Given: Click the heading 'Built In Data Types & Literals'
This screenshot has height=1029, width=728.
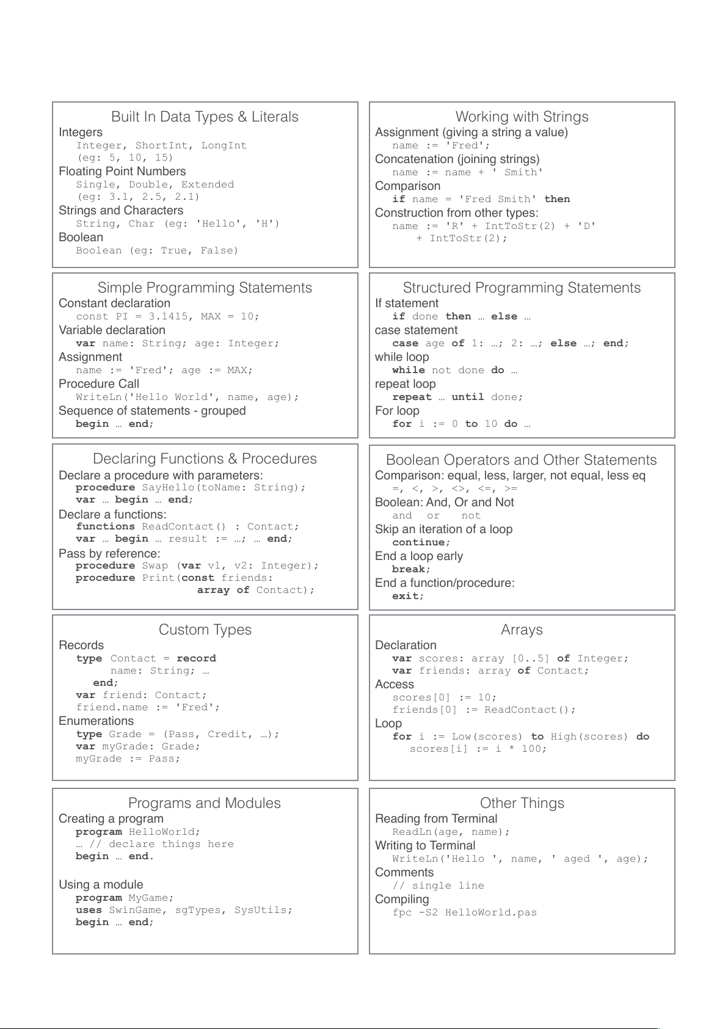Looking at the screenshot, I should coord(205,117).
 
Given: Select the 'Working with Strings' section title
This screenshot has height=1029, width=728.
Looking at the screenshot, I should coord(522,117).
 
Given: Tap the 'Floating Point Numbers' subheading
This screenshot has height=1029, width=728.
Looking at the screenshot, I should coord(122,172).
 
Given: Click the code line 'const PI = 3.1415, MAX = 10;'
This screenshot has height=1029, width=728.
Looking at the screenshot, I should coord(167,316).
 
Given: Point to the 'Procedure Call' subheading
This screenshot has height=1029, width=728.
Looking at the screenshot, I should coord(99,384).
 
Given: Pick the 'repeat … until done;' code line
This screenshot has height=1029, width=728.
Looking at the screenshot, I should coord(457,397).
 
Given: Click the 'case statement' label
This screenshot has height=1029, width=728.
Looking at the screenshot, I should coord(416,330).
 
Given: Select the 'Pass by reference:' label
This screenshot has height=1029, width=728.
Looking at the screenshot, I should coord(109,554).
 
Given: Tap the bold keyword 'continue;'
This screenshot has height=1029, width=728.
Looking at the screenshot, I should coord(421,542).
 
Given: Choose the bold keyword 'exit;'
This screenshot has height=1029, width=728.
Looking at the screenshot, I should coord(407,596).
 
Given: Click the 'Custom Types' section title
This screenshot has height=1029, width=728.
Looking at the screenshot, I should coord(205,630).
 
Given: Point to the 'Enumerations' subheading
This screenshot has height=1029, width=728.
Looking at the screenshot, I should coord(96,721).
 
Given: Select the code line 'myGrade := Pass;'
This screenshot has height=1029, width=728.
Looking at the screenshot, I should coord(128,758).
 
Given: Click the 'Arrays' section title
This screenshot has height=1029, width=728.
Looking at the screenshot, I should coord(522,630).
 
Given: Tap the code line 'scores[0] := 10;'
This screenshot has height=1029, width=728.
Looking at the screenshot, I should coord(444,697).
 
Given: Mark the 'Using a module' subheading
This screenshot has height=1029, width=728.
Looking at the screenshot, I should coord(101,885).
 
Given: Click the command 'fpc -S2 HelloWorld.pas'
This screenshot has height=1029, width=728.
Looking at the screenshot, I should coord(464,912).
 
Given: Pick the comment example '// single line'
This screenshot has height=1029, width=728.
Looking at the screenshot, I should coord(438,885).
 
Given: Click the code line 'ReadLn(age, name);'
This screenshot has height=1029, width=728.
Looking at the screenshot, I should coord(451,832).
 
